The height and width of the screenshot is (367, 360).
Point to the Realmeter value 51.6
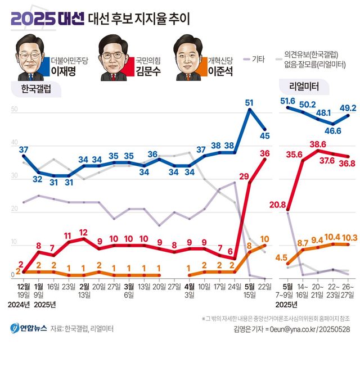click(288, 101)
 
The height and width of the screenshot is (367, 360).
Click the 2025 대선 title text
click(47, 19)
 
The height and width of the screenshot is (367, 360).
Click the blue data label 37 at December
click(24, 149)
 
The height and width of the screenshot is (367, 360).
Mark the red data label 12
click(83, 232)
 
